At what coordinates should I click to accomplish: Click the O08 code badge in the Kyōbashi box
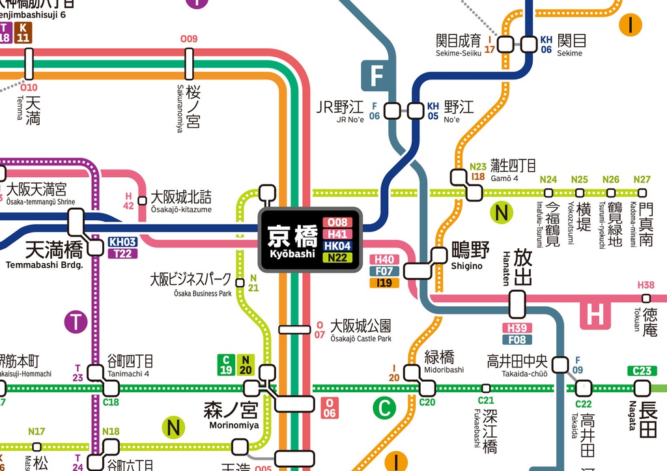337,223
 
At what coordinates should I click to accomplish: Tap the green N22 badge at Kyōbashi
337,258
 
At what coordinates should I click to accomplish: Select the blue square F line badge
376,76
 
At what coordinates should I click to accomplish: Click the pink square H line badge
595,315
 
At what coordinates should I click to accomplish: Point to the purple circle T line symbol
76,321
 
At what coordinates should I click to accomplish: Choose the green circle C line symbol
384,408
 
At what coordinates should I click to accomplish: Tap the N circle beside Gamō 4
502,212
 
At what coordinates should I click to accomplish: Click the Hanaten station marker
517,304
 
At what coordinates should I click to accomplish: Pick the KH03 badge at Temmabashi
122,242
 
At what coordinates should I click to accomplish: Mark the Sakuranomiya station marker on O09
189,64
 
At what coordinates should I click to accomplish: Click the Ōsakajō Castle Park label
361,330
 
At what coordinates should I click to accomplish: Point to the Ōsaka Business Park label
190,284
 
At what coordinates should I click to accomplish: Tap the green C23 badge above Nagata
642,371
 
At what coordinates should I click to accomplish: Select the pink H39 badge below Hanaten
517,328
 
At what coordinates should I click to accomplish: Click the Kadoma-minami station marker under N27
642,193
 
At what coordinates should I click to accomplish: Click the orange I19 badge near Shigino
384,283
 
